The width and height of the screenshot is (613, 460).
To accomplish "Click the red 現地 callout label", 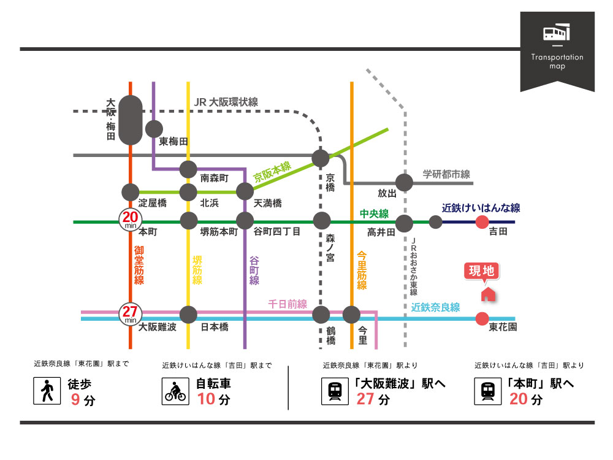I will [x=482, y=271].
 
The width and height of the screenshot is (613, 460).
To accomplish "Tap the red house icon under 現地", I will [x=488, y=294].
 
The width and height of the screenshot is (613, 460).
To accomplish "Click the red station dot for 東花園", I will [x=482, y=318].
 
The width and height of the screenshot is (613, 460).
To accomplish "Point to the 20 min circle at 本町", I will [x=130, y=219].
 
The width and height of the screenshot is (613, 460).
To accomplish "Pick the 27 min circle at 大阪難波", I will [x=130, y=314].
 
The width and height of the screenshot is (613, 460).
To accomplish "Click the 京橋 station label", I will [x=330, y=183].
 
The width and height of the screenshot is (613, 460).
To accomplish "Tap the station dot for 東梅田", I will [x=153, y=129].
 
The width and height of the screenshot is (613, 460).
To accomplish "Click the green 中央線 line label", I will [x=374, y=213].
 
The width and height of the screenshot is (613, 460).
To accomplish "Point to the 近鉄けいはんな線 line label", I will [x=481, y=207].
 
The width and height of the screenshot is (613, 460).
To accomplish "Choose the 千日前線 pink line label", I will [x=287, y=304].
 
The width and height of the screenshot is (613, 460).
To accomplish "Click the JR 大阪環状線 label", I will [x=226, y=102].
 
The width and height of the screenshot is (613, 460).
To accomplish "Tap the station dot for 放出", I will [x=404, y=182].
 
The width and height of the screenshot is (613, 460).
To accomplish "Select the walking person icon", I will [x=47, y=391].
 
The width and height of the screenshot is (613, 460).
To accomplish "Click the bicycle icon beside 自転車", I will [x=175, y=391].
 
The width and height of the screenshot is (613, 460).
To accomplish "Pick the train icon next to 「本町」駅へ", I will [x=488, y=391].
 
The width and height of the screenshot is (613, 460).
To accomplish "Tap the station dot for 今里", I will [x=351, y=315].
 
